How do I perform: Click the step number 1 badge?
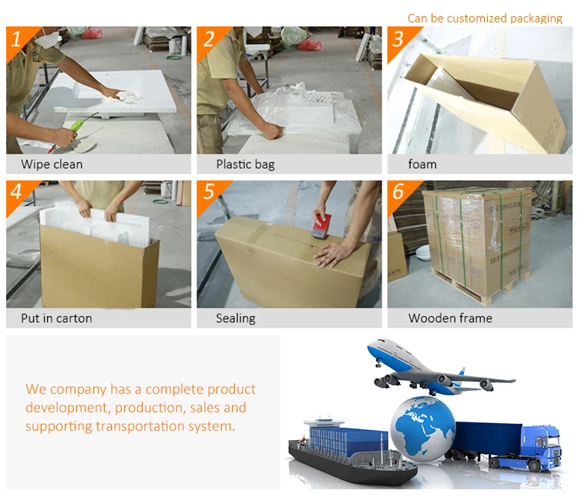click(18, 40)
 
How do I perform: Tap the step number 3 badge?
click(399, 40)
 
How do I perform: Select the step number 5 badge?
click(208, 193)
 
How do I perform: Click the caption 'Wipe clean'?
click(52, 164)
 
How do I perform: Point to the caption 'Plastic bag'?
click(246, 164)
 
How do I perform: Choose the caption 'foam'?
click(422, 164)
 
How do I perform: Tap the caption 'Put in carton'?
click(56, 318)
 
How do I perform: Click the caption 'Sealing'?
click(236, 318)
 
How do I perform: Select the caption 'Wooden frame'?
click(450, 318)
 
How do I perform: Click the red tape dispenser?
click(320, 225)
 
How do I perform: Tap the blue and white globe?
click(423, 428)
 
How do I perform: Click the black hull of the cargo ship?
click(350, 464)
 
